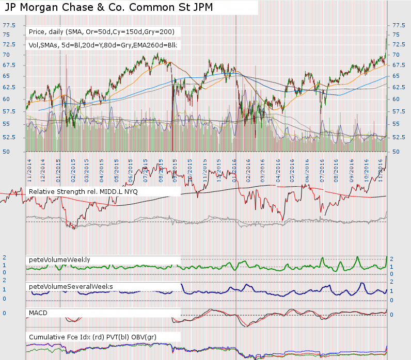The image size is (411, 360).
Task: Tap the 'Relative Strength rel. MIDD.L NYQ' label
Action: pyautogui.click(x=83, y=192)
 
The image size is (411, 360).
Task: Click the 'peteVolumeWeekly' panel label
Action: pyautogui.click(x=59, y=259)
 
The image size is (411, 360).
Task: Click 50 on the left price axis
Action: pyautogui.click(x=6, y=152)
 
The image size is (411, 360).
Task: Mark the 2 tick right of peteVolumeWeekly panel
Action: pyautogui.click(x=392, y=259)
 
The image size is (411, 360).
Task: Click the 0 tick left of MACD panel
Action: pyautogui.click(x=4, y=313)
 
